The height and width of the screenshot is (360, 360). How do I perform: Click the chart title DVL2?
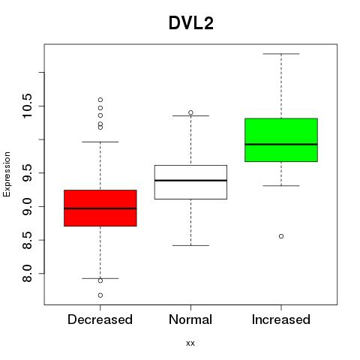(x=191, y=23)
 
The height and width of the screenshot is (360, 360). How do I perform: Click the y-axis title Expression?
(x=7, y=174)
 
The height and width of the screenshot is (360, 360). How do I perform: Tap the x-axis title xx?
(x=190, y=343)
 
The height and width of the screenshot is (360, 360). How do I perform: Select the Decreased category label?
(x=100, y=319)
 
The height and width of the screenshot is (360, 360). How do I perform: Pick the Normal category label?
(x=190, y=319)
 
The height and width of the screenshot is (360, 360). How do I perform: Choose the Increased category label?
(x=281, y=319)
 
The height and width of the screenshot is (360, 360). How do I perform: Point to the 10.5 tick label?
(x=27, y=106)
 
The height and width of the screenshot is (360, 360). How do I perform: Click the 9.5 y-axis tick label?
(x=27, y=172)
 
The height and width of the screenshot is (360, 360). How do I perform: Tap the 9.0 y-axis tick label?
(x=27, y=206)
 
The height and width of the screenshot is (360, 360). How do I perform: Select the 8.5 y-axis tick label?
(x=27, y=240)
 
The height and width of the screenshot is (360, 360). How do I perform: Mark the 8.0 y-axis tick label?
(x=27, y=274)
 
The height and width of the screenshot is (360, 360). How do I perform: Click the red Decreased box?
(x=100, y=208)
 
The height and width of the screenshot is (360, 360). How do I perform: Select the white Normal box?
(x=190, y=182)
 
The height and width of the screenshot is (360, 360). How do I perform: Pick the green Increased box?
(x=281, y=140)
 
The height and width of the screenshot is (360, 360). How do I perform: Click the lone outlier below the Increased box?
(x=281, y=236)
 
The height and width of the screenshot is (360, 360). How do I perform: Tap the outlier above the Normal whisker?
(x=190, y=112)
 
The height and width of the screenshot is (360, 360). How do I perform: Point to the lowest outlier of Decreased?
(x=100, y=295)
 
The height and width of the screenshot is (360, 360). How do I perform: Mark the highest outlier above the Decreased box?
(x=100, y=100)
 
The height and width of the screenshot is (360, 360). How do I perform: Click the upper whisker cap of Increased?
(x=281, y=54)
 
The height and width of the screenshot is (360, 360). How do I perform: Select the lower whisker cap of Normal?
(x=190, y=245)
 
